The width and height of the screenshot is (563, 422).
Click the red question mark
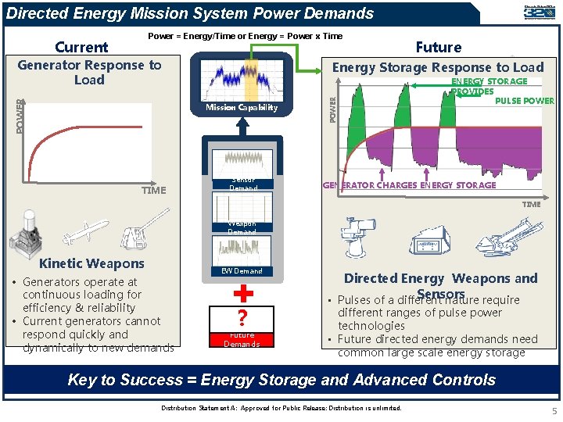pyautogui.click(x=242, y=319)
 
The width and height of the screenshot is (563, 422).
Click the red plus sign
pyautogui.click(x=243, y=293)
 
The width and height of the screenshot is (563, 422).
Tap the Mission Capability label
pyautogui.click(x=242, y=108)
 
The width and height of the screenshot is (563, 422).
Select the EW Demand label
pyautogui.click(x=242, y=271)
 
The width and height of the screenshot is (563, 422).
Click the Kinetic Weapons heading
pyautogui.click(x=91, y=263)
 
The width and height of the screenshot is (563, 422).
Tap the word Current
pyautogui.click(x=81, y=48)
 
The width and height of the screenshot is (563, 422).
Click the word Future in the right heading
pyautogui.click(x=438, y=48)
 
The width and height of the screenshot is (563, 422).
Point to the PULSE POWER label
pyautogui.click(x=525, y=101)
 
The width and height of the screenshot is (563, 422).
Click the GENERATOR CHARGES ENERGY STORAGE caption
pyautogui.click(x=410, y=185)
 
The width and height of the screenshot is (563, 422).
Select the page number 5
pyautogui.click(x=554, y=411)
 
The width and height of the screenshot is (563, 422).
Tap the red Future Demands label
pyautogui.click(x=242, y=340)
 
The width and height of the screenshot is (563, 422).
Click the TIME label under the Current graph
pyautogui.click(x=153, y=190)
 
